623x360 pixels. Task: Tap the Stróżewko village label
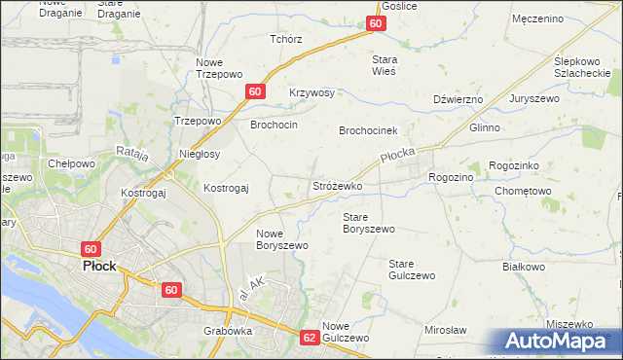tap(337, 185)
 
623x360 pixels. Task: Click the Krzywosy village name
tap(311, 93)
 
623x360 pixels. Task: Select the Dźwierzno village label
tap(458, 99)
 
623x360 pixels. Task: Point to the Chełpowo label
tap(71, 163)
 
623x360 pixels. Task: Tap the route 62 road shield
tap(310, 338)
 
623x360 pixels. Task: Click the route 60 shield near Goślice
tap(377, 24)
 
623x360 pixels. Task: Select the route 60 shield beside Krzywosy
tap(254, 91)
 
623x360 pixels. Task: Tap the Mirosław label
tap(446, 331)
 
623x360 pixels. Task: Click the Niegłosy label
tap(201, 154)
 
